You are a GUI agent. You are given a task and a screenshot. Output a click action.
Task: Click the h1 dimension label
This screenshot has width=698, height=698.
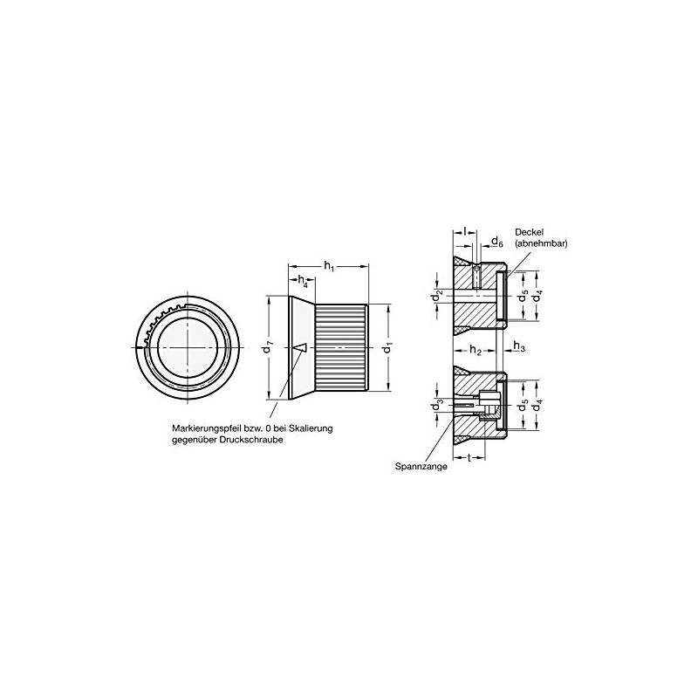[328, 265]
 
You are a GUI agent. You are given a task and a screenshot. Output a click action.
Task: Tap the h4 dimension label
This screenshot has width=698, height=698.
[303, 281]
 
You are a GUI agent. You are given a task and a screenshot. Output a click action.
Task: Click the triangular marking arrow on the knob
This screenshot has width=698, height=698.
[300, 347]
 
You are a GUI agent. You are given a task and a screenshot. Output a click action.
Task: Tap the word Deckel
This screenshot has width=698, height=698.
[530, 231]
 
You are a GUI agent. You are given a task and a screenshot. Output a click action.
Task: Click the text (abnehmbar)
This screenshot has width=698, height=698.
[541, 244]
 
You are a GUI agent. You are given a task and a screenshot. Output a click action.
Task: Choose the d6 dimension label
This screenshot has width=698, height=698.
[496, 241]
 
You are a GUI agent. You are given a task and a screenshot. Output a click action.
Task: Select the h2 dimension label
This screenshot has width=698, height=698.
[476, 350]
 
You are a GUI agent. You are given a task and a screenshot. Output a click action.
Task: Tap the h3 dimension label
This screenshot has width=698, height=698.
[518, 348]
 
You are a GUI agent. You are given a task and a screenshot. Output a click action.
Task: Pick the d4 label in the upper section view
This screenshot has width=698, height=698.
[538, 296]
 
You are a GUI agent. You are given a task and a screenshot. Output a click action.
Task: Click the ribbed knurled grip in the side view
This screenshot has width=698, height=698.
[339, 347]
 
